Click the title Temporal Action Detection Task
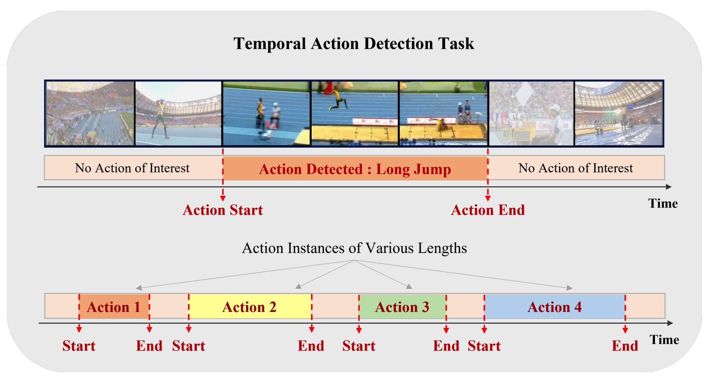click(353, 44)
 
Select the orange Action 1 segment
click(114, 307)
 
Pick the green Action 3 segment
click(402, 307)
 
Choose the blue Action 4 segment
click(554, 307)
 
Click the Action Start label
click(223, 210)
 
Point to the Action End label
click(488, 210)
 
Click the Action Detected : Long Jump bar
click(355, 169)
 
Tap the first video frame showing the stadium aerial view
click(90, 113)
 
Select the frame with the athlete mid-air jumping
click(354, 113)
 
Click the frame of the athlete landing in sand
click(443, 113)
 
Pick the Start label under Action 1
click(79, 346)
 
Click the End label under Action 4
click(625, 346)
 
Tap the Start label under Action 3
click(359, 346)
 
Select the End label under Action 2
click(311, 346)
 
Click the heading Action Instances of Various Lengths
click(354, 248)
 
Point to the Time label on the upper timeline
click(663, 203)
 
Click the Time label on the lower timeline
click(664, 340)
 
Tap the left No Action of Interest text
click(132, 168)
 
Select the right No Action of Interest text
click(576, 168)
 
